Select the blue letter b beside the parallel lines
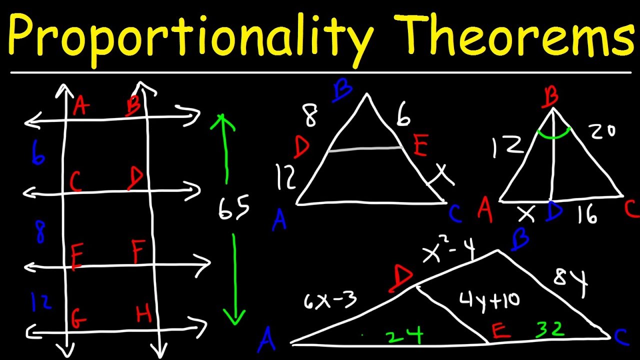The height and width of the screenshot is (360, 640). coord(37,152)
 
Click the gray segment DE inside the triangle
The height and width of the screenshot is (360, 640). coord(365,149)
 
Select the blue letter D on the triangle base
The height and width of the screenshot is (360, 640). coord(553,212)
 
